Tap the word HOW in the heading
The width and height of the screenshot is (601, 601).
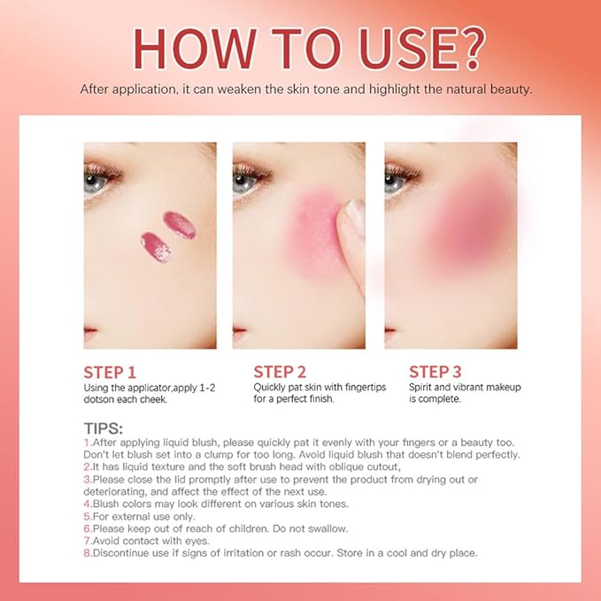pyautogui.click(x=195, y=49)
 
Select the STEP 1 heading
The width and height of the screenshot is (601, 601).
pyautogui.click(x=110, y=373)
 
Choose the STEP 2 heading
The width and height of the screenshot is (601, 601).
pyautogui.click(x=280, y=372)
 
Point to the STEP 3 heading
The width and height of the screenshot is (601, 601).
pyautogui.click(x=435, y=372)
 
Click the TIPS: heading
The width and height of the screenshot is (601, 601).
pyautogui.click(x=104, y=428)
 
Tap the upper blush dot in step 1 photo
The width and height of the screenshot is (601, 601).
pyautogui.click(x=180, y=225)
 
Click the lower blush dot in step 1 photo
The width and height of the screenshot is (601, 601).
pyautogui.click(x=156, y=247)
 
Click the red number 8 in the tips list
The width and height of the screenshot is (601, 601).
pyautogui.click(x=88, y=553)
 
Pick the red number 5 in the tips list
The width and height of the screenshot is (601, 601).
pyautogui.click(x=88, y=517)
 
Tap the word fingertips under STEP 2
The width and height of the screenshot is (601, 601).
pyautogui.click(x=366, y=388)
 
